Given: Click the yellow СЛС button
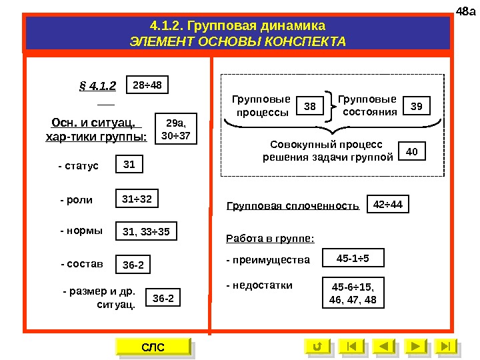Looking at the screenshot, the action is coord(153,347).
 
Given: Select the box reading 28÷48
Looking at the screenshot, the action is coord(147,85).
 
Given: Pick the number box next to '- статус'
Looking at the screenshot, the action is coord(129,165).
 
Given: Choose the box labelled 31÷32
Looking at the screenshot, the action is coord(137,199).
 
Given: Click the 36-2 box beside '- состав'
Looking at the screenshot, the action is coord(133,265).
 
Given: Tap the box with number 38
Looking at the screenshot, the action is coord(309,106).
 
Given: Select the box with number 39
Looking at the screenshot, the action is coord(417,106).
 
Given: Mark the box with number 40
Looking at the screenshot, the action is coord(411,152).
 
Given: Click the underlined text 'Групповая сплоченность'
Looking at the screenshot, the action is coord(293,206).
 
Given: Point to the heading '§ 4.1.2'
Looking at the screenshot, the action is coord(97,86).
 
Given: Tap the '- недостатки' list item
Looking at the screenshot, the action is coord(259,285).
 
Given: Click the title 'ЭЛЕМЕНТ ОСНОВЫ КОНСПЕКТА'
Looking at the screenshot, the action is coord(238,42).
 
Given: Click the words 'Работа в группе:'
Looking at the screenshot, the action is coord(270,238).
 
